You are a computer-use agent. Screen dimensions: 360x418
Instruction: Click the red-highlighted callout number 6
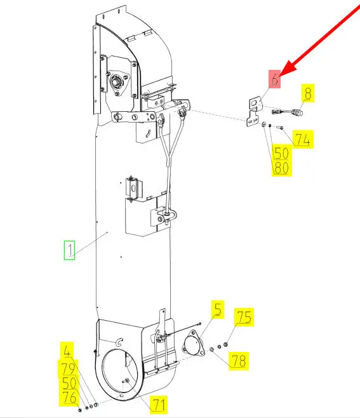pyautogui.click(x=274, y=79)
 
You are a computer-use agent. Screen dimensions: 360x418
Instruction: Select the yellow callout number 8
pyautogui.click(x=308, y=93)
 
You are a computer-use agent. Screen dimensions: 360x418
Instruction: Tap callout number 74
pyautogui.click(x=303, y=139)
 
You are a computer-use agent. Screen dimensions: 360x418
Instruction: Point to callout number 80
pyautogui.click(x=282, y=168)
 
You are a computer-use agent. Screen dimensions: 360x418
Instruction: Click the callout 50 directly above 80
pyautogui.click(x=282, y=153)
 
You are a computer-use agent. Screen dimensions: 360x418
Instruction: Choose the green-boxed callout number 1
pyautogui.click(x=69, y=250)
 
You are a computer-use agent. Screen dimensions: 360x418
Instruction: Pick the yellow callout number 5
pyautogui.click(x=218, y=309)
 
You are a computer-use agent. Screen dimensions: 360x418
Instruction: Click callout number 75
pyautogui.click(x=244, y=317)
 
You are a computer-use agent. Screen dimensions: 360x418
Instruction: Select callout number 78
pyautogui.click(x=239, y=361)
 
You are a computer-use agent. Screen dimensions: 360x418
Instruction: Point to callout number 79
pyautogui.click(x=68, y=368)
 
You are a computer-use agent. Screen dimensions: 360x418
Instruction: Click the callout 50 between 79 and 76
pyautogui.click(x=69, y=383)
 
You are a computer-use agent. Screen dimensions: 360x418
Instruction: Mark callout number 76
pyautogui.click(x=70, y=398)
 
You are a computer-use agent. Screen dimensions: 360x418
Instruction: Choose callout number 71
pyautogui.click(x=159, y=405)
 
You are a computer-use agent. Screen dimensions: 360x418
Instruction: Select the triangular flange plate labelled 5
pyautogui.click(x=193, y=343)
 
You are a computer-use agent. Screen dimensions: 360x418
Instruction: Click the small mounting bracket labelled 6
pyautogui.click(x=254, y=112)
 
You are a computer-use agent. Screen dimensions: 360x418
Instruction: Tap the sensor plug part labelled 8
pyautogui.click(x=288, y=112)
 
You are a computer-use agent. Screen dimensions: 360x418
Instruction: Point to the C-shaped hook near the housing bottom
pyautogui.click(x=119, y=342)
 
